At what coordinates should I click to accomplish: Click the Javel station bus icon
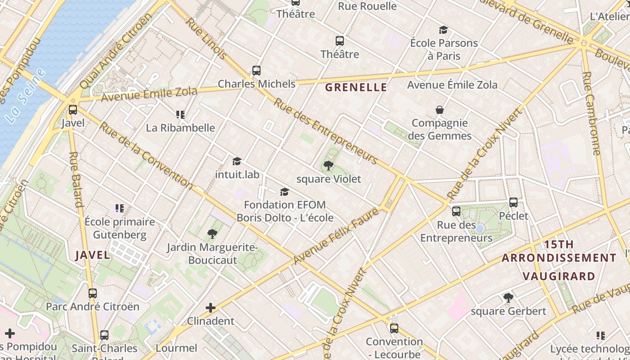coord(73,109)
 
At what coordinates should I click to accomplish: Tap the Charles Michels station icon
coord(256,70)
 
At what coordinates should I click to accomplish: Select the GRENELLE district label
coord(356,87)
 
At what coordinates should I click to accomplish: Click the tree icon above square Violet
coord(328,166)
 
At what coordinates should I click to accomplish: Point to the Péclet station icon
coord(513,202)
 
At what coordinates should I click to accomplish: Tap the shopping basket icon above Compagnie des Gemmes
coord(440,110)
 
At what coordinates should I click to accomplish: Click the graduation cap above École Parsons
coord(444,30)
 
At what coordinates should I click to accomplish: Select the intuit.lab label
coord(237,174)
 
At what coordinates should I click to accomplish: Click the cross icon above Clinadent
coord(211,308)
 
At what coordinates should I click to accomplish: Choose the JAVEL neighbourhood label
coord(93,255)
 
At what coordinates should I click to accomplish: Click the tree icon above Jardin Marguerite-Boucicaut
coord(212,234)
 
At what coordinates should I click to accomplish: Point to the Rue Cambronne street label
coord(591,113)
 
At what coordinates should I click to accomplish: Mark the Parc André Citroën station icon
coord(93,293)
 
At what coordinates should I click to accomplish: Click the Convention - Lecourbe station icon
coord(394,328)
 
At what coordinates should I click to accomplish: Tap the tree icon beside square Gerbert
coord(508,297)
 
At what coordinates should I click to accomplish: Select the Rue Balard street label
coord(76,180)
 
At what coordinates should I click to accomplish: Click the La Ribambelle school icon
coord(180,114)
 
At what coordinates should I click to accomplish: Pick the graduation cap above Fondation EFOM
coord(284,192)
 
